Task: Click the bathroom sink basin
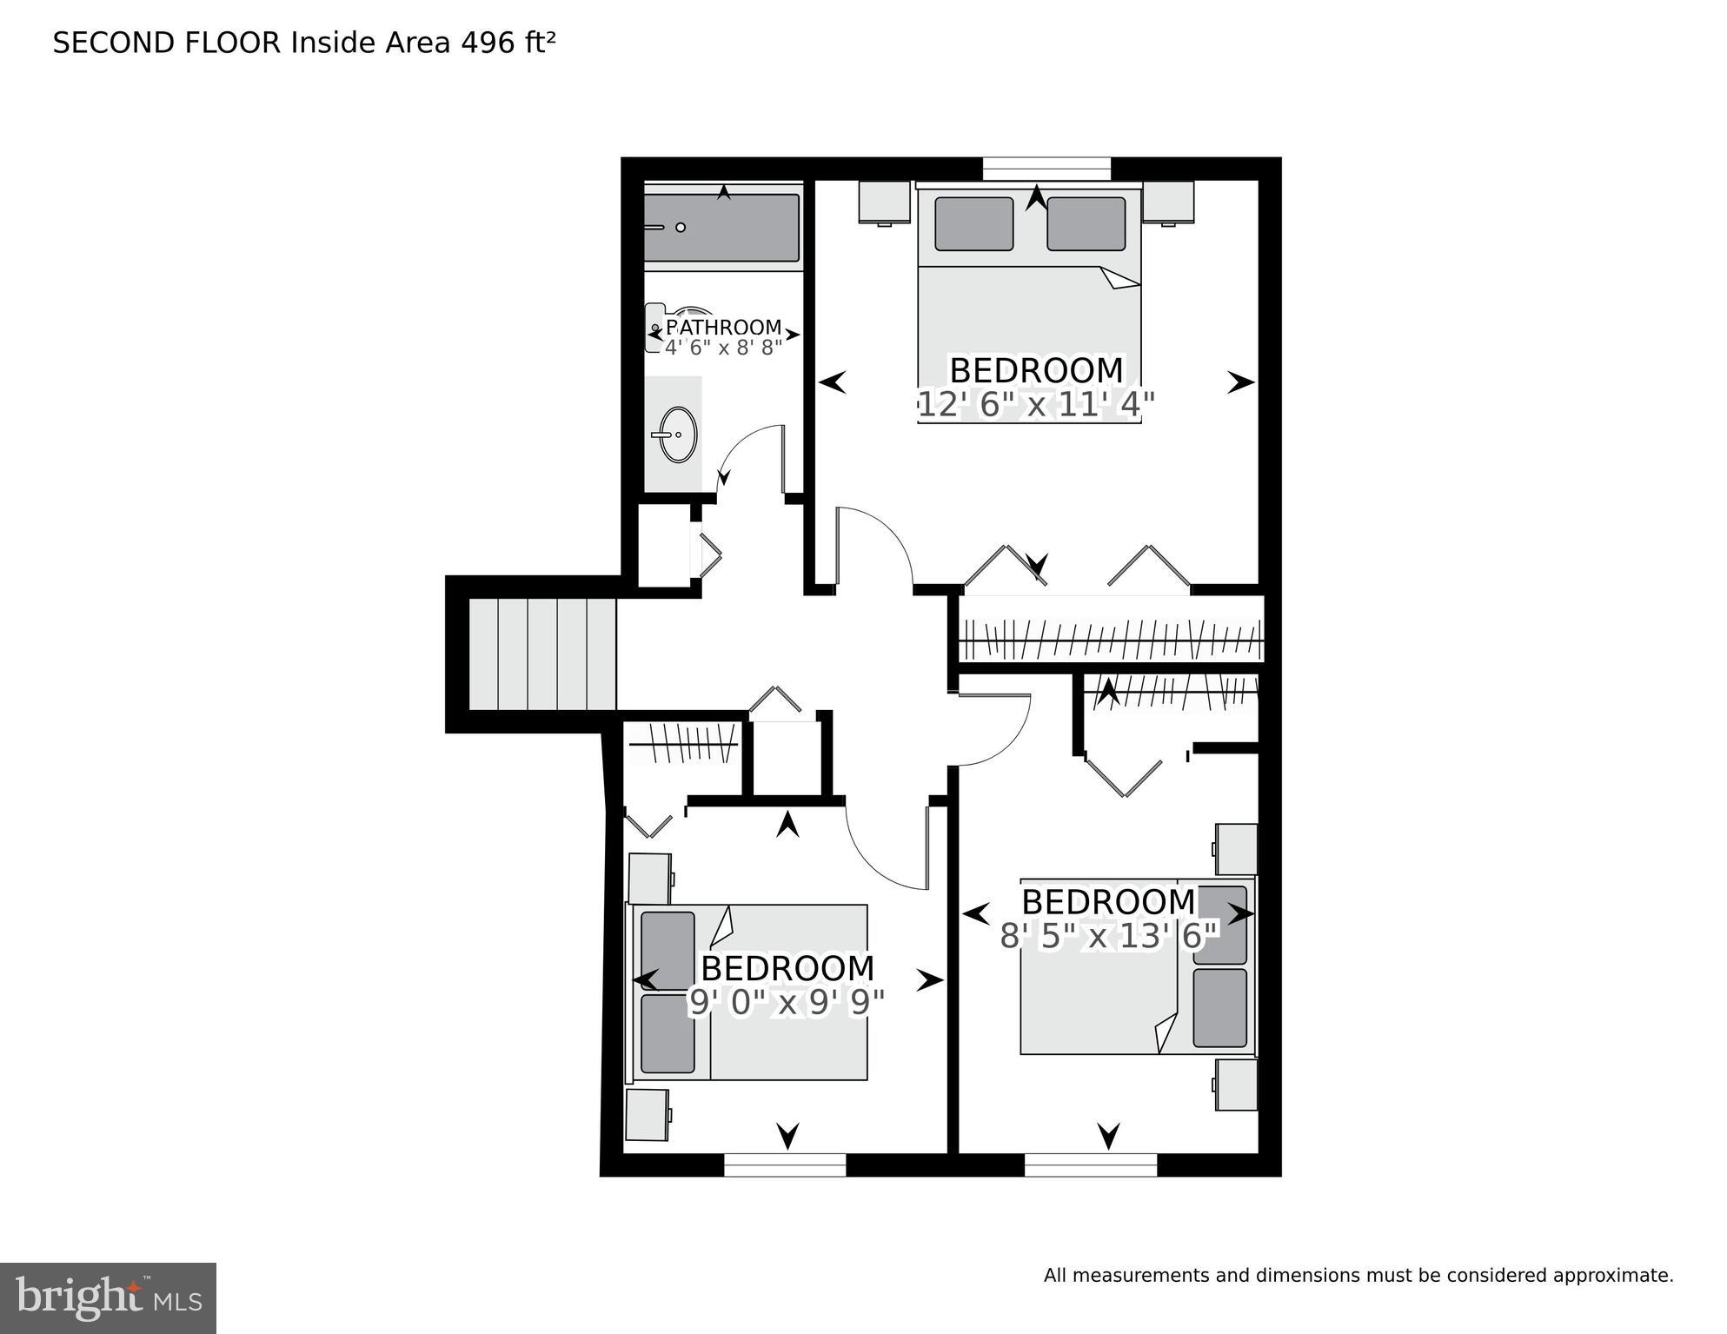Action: [677, 435]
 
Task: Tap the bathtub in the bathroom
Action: [721, 228]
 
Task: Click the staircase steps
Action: [542, 654]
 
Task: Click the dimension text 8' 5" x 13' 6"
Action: [1109, 936]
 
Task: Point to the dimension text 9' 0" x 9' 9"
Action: [787, 1003]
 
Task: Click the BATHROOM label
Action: [723, 328]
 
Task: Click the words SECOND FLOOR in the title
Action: [167, 43]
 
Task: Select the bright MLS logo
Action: [108, 1297]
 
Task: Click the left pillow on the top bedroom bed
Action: [974, 224]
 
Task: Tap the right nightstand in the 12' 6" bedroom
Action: [1168, 202]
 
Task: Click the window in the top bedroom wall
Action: [1046, 168]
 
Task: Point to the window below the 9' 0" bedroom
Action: [785, 1165]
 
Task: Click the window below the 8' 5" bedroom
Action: [1090, 1165]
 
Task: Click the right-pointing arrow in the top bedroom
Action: [1240, 382]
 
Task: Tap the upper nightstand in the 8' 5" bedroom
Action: [1236, 849]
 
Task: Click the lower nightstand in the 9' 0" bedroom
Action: [648, 1115]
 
